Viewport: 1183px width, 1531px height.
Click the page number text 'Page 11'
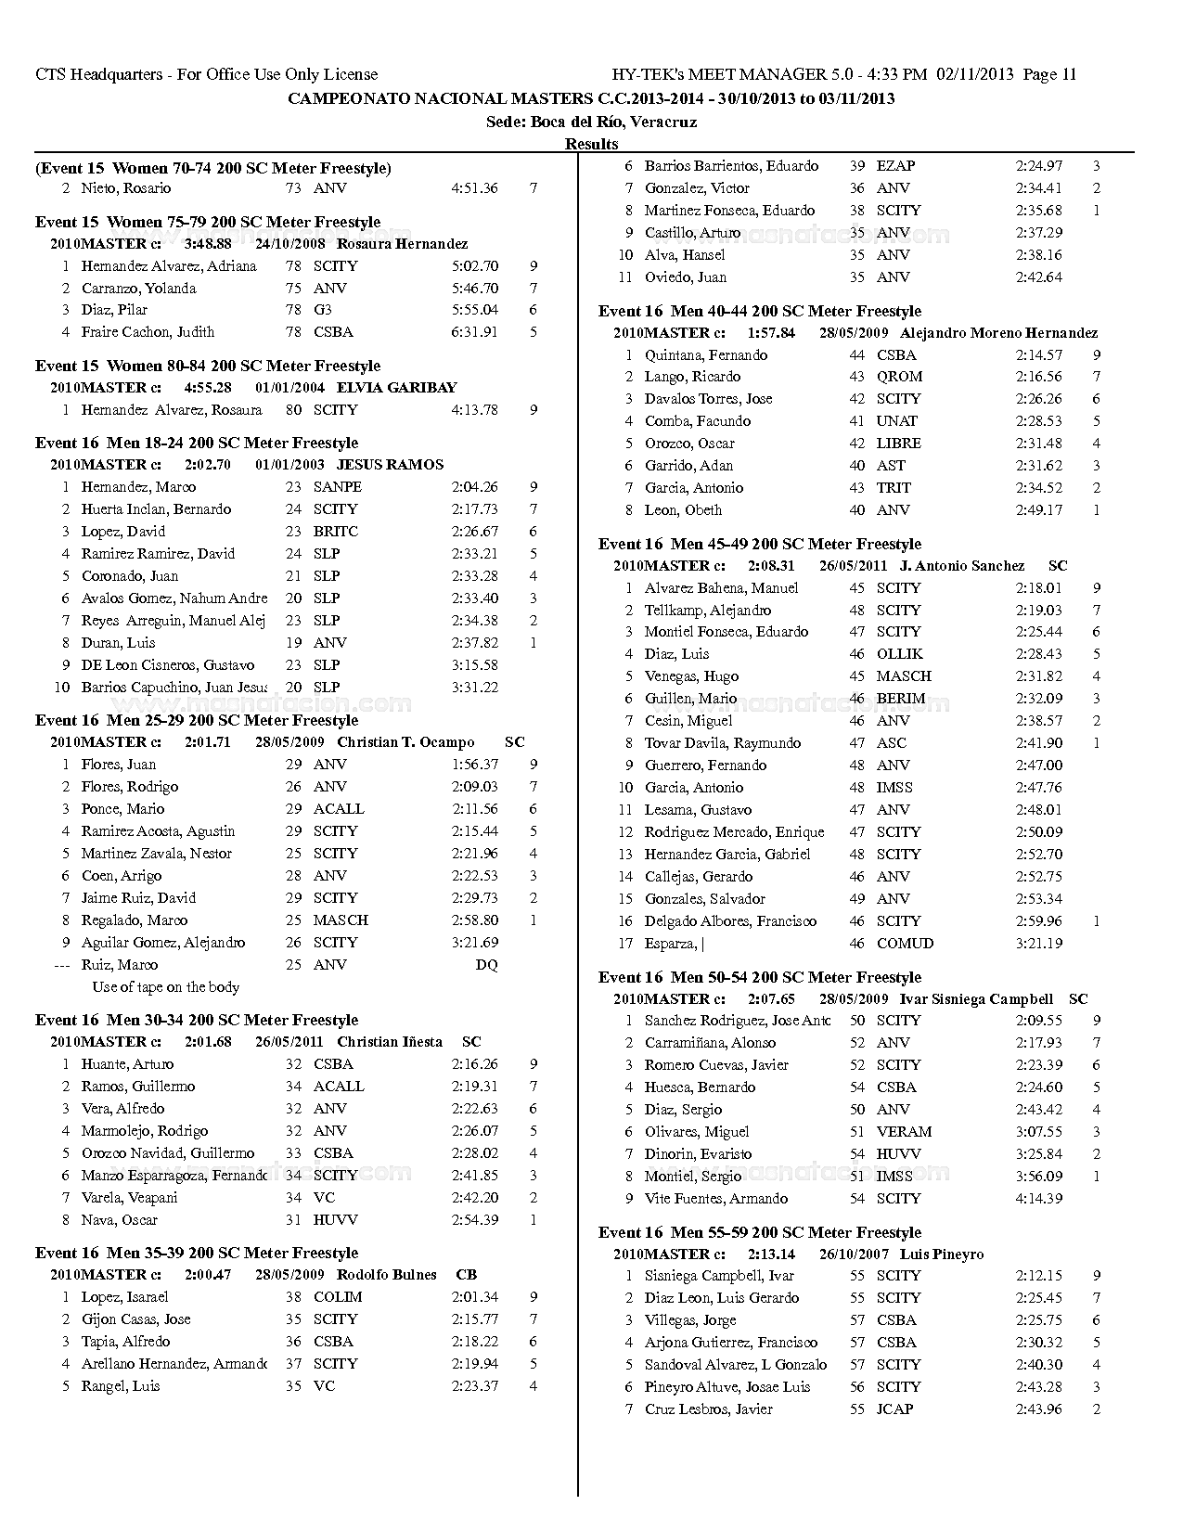tap(1049, 75)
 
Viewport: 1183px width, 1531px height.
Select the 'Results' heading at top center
tap(591, 144)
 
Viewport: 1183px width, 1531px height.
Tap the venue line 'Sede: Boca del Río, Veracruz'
tap(591, 122)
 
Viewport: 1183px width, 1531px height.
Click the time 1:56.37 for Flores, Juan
tap(474, 765)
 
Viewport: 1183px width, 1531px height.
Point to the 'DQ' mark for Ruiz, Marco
tap(486, 965)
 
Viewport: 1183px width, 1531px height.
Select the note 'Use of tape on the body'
tap(165, 987)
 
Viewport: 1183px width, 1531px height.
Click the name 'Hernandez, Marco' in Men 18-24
tap(138, 487)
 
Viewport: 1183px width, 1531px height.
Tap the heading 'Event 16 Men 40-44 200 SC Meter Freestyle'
tap(759, 311)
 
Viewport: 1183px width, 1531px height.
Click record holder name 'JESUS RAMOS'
tap(390, 465)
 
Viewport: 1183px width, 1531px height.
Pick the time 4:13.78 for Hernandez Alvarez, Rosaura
tap(474, 410)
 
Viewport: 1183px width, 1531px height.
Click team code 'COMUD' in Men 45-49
tap(905, 944)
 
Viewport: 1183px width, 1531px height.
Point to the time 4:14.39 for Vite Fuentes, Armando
tap(1038, 1199)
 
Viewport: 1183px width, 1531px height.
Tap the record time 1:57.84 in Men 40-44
tap(771, 333)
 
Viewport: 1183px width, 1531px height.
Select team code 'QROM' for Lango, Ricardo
tap(899, 377)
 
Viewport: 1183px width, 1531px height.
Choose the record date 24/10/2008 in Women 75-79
tap(289, 244)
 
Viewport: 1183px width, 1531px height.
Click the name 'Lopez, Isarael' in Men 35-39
tap(125, 1297)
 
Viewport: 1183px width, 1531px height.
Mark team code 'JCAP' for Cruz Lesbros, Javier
tap(894, 1409)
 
